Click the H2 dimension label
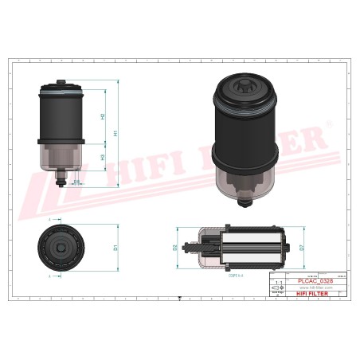(x=103, y=116)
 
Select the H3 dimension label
(x=103, y=158)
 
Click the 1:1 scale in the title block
(x=277, y=283)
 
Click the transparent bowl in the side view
(x=61, y=157)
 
